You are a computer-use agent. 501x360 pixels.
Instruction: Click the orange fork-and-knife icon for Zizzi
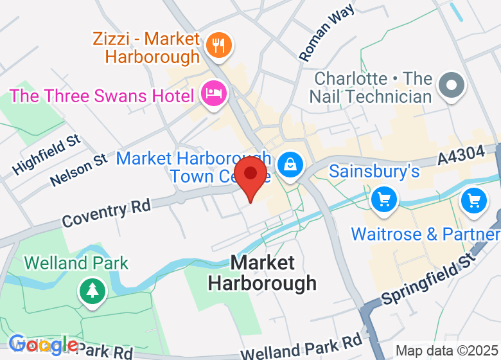pyautogui.click(x=219, y=45)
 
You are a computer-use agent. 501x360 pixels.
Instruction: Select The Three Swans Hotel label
pyautogui.click(x=101, y=96)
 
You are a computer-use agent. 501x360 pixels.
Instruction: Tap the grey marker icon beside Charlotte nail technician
pyautogui.click(x=451, y=85)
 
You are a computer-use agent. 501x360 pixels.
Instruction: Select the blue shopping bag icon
pyautogui.click(x=291, y=165)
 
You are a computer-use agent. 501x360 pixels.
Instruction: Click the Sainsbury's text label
pyautogui.click(x=374, y=172)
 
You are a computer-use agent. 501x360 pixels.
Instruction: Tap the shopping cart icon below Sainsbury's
pyautogui.click(x=384, y=199)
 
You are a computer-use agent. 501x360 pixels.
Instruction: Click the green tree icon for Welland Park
pyautogui.click(x=92, y=291)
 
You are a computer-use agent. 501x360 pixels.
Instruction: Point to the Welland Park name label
pyautogui.click(x=76, y=263)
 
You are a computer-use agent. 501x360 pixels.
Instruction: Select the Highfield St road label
pyautogui.click(x=47, y=155)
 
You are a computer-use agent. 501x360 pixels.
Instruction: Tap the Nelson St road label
pyautogui.click(x=80, y=170)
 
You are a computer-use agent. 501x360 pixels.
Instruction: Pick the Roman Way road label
pyautogui.click(x=328, y=34)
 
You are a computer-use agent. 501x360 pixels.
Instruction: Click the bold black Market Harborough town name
pyautogui.click(x=263, y=273)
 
